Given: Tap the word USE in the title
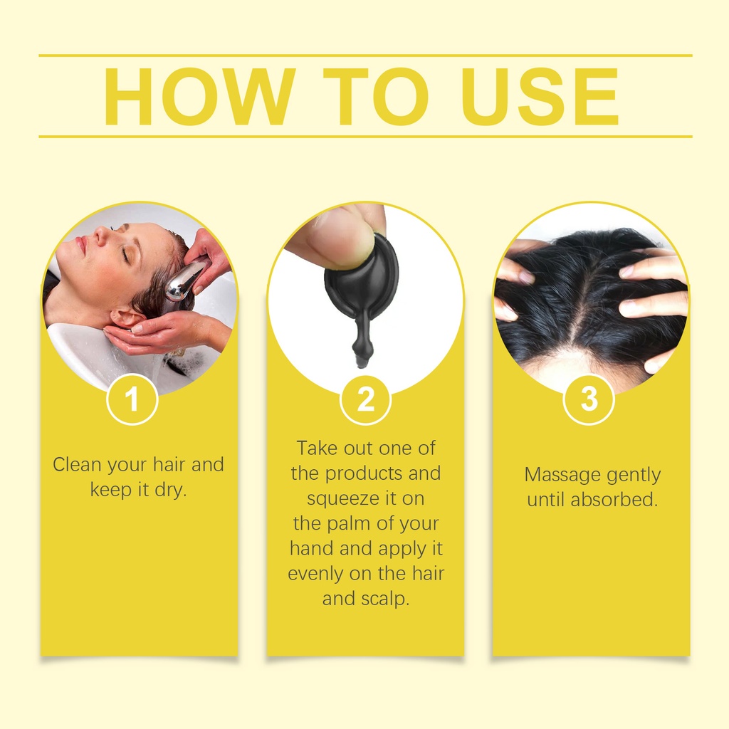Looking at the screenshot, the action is click(540, 97).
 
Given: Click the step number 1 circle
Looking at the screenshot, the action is click(132, 399).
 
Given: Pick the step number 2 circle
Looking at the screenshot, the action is click(365, 399).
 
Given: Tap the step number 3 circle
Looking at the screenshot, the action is click(589, 399).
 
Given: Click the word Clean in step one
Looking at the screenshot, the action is click(77, 464).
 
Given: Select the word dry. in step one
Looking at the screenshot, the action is click(170, 490).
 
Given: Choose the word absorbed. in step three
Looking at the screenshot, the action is click(614, 499).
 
